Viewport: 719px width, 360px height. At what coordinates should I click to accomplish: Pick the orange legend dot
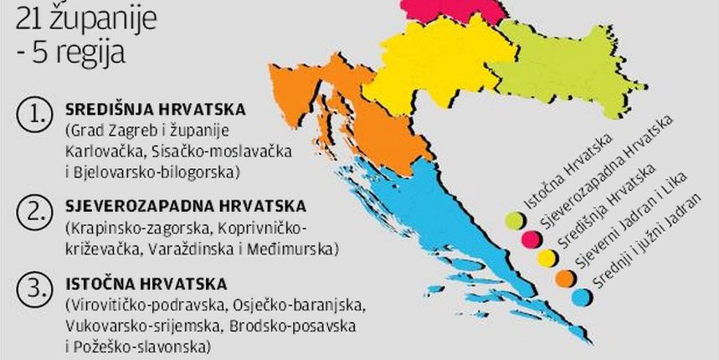point(564,277)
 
